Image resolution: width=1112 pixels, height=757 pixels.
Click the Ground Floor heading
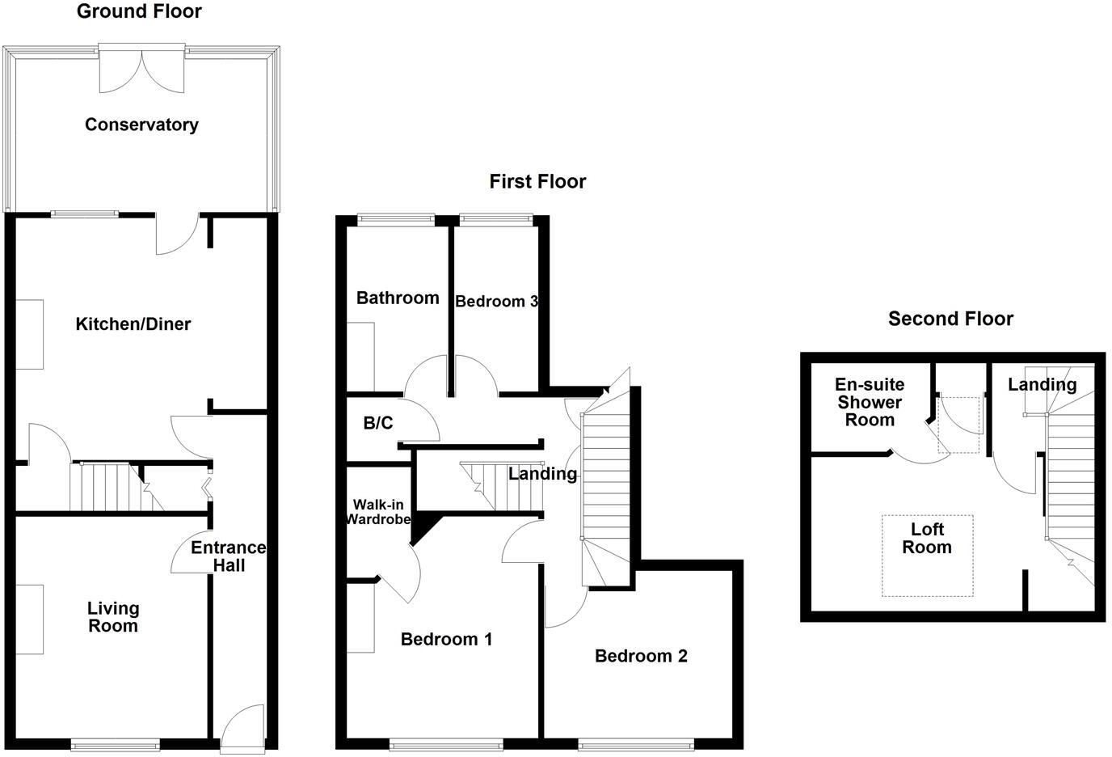[140, 11]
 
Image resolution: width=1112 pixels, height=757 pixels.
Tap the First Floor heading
[537, 182]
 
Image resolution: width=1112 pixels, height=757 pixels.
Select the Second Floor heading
[950, 319]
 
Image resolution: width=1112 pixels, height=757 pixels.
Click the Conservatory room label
[141, 125]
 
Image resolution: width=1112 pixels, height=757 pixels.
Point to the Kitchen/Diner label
[133, 324]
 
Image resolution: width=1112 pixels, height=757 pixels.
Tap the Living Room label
[113, 617]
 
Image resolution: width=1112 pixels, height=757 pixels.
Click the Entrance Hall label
[229, 556]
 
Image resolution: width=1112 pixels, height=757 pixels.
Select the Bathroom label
[398, 298]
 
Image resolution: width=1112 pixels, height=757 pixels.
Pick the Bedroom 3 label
[496, 302]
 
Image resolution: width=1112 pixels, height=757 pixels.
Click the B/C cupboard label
[378, 423]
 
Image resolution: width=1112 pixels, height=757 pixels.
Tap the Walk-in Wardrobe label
[378, 512]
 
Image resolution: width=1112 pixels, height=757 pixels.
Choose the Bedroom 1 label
[446, 639]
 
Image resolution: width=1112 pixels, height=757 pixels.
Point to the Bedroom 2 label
[641, 656]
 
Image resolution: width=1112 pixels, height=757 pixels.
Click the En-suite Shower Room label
[870, 402]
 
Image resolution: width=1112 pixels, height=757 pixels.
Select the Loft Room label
[927, 539]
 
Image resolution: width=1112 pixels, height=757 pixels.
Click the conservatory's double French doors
[142, 70]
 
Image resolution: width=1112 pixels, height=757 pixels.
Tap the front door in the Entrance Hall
[242, 727]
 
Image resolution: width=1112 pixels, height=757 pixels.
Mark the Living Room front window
[116, 744]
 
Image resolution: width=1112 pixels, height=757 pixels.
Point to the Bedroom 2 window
[636, 744]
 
